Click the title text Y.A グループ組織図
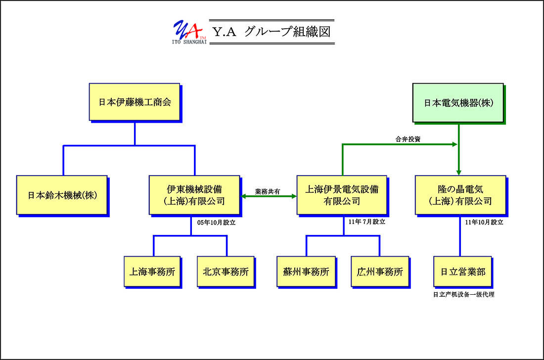click(x=272, y=32)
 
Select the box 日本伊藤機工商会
click(x=135, y=102)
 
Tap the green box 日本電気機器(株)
click(x=458, y=103)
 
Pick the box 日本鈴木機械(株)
click(x=62, y=195)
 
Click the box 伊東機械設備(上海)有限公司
click(x=194, y=195)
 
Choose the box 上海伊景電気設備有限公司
click(x=342, y=195)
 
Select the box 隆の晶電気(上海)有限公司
click(x=460, y=195)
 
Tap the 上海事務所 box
click(x=152, y=271)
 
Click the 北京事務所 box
click(x=226, y=271)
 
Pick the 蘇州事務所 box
click(x=306, y=271)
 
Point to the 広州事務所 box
click(x=380, y=271)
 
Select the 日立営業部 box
click(x=463, y=271)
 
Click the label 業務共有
click(x=268, y=191)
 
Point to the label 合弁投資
click(x=408, y=139)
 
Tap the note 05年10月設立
click(x=217, y=223)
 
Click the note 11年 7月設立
click(x=367, y=222)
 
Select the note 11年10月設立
click(x=484, y=223)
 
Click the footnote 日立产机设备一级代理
click(x=464, y=294)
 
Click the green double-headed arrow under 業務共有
click(x=269, y=196)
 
